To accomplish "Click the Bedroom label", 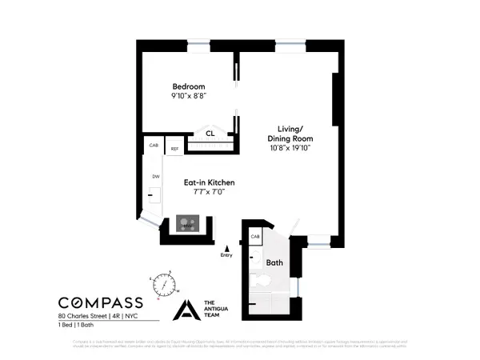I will pos(190,86).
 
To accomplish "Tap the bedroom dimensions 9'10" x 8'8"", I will pos(190,97).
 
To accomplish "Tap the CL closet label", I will pos(210,134).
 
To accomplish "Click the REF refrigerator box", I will pos(173,148).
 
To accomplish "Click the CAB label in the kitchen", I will pos(154,146).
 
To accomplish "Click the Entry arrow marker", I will pos(226,249).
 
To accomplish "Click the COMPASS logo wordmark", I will pos(101,302).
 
